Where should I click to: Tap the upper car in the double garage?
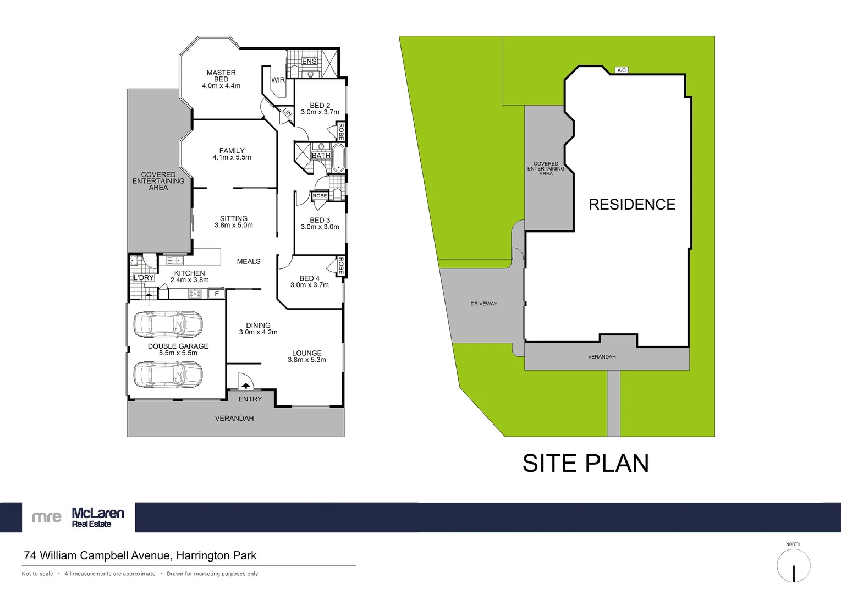click(x=168, y=324)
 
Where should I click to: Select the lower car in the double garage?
click(x=168, y=375)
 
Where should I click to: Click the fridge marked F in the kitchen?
click(x=217, y=294)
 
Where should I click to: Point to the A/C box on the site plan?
click(x=622, y=70)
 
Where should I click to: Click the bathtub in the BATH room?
click(x=338, y=158)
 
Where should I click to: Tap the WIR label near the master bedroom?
click(x=278, y=80)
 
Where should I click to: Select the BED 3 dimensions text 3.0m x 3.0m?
click(x=320, y=227)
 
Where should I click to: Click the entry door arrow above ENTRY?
click(x=245, y=386)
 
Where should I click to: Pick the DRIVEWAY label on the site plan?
click(x=483, y=304)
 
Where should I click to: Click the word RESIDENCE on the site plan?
click(x=632, y=205)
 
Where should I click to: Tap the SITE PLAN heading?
click(x=585, y=463)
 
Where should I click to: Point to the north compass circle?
click(x=793, y=565)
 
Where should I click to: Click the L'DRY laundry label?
click(x=144, y=278)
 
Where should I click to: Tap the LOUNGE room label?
click(x=307, y=353)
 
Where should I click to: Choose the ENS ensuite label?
click(x=309, y=61)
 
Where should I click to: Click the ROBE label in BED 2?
click(x=341, y=131)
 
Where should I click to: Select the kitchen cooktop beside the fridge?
click(x=195, y=294)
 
